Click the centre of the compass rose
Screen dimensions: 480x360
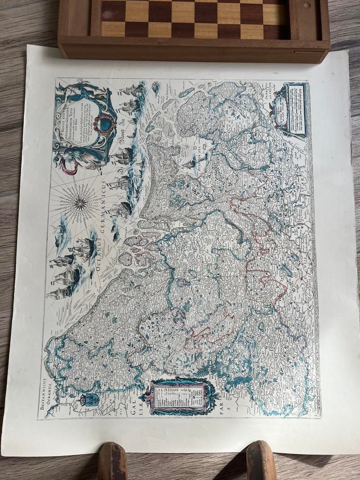click(80, 203)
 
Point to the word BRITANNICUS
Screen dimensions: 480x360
click(42, 394)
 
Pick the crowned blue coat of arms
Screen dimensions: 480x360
click(92, 399)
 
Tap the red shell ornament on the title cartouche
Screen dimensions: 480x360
click(103, 123)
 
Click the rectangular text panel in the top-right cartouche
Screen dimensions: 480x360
click(295, 109)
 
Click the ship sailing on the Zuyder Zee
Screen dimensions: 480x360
click(190, 163)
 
